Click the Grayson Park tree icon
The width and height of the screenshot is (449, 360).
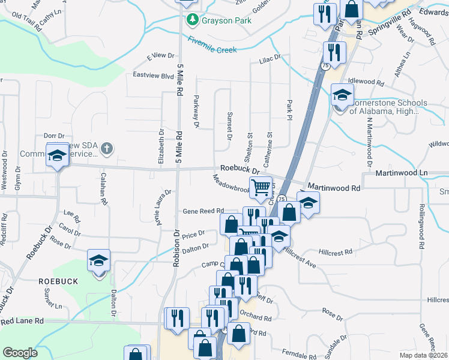192,20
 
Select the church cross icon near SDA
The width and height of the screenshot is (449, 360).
106,148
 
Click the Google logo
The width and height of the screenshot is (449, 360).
20,353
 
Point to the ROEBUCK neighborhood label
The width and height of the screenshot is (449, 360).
58,281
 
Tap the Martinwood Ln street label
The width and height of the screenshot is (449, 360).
401,173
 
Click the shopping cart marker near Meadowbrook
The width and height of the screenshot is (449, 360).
261,187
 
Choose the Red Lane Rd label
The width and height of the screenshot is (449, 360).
22,322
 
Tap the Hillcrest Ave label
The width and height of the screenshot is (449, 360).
300,257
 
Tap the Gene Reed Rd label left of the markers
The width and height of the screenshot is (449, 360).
203,211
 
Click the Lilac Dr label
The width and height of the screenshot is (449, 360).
270,58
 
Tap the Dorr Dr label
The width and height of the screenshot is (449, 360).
53,136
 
